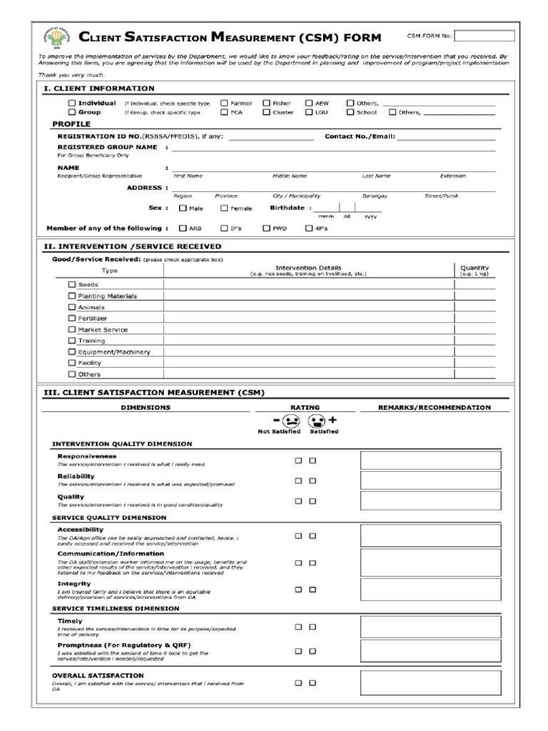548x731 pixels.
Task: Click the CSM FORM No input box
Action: tap(484, 36)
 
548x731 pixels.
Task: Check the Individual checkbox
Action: tap(71, 103)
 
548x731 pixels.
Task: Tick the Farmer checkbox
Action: tap(224, 103)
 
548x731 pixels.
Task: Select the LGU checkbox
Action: tap(309, 112)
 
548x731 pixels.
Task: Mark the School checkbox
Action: tap(350, 112)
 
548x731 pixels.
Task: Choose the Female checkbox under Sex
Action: tap(224, 208)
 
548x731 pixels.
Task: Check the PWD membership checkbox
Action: tap(267, 228)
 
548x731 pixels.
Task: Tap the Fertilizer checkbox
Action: tap(71, 318)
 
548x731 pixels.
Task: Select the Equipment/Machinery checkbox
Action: tap(71, 352)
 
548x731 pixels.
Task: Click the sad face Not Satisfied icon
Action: tap(291, 420)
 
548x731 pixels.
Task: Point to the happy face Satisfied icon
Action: tap(318, 420)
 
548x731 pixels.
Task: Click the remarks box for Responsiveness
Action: tap(430, 460)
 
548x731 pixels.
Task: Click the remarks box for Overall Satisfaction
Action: tap(430, 682)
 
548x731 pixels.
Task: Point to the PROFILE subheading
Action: tap(71, 123)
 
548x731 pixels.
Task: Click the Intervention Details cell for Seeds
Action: tap(308, 284)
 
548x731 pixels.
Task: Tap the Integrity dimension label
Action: tap(73, 583)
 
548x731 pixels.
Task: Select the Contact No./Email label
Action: tap(360, 136)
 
